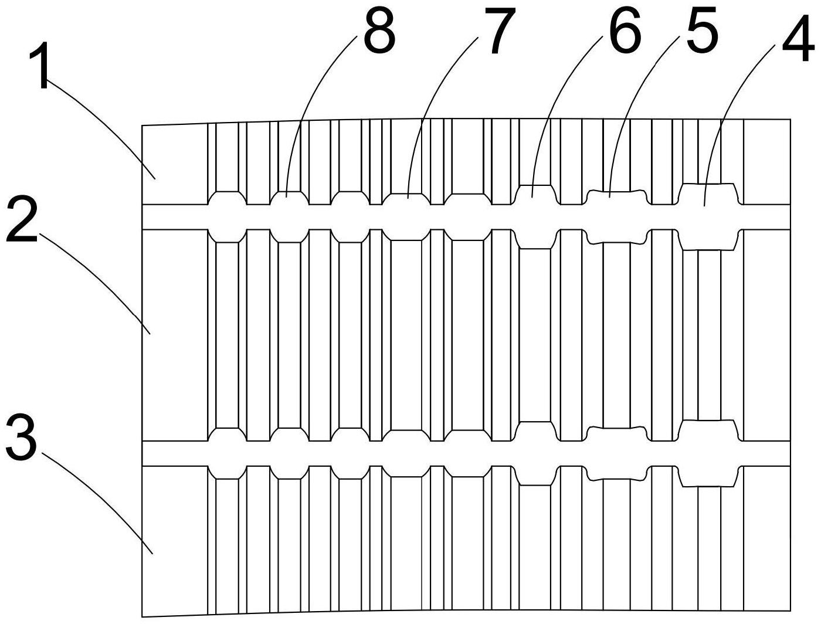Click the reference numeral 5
tap(702, 29)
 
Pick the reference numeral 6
tap(625, 30)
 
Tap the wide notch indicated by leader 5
tap(616, 198)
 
